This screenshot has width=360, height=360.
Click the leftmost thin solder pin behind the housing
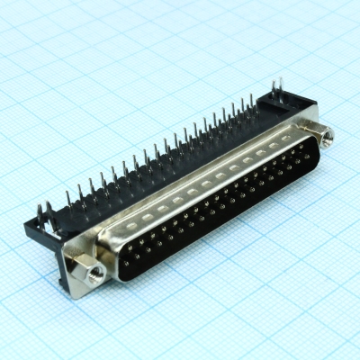coord(67,197)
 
